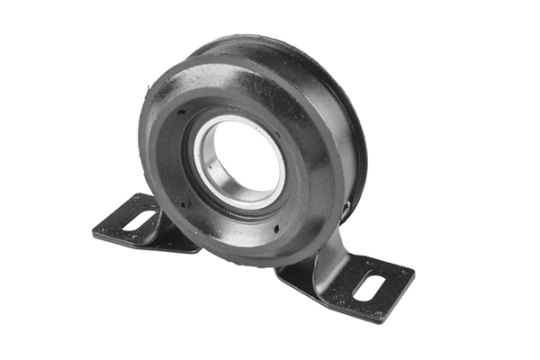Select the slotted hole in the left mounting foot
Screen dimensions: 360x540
point(139,219)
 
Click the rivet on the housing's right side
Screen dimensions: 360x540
point(346,211)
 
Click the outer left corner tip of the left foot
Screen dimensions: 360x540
point(94,232)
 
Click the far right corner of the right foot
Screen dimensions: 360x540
point(413,271)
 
